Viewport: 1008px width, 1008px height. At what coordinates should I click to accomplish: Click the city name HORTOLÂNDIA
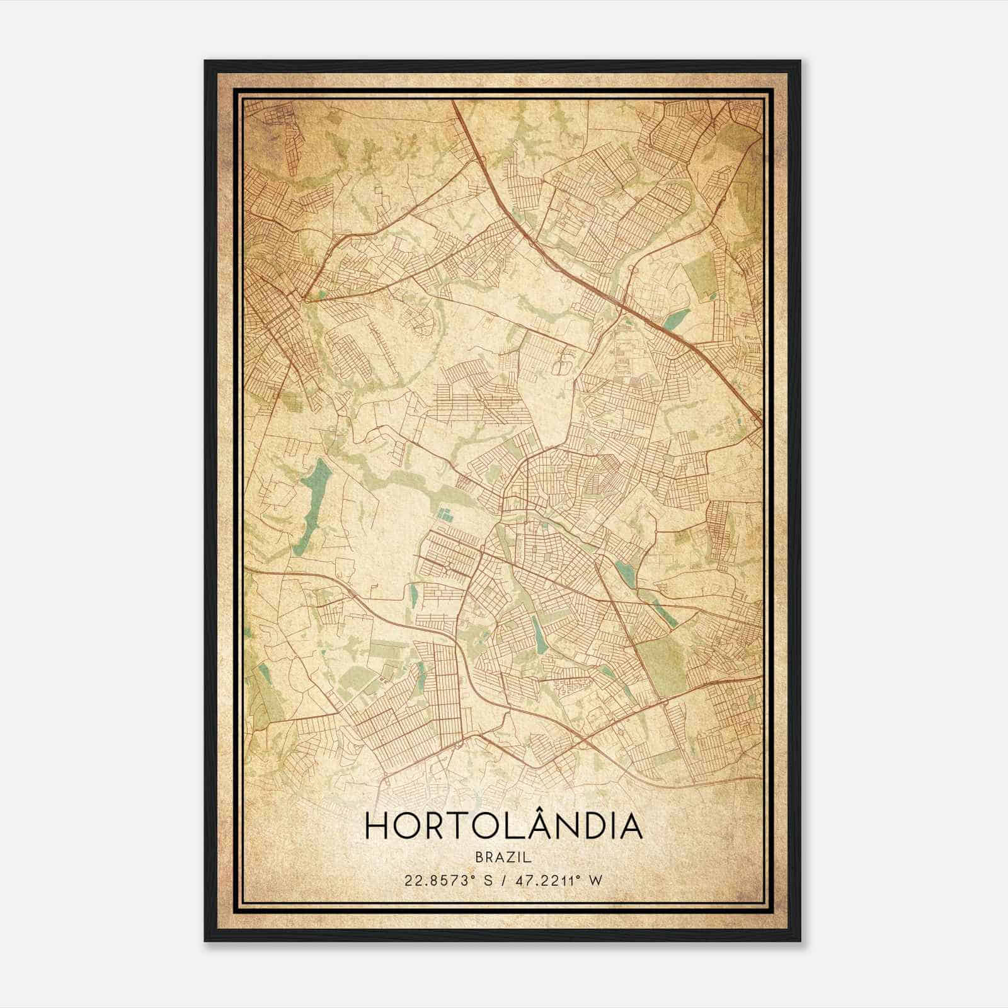click(x=503, y=826)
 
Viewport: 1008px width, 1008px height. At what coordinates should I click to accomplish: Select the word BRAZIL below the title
click(x=503, y=857)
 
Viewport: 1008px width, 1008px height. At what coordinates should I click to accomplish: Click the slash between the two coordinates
click(x=503, y=881)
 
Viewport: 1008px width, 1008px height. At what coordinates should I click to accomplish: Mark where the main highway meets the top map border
click(x=453, y=100)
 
